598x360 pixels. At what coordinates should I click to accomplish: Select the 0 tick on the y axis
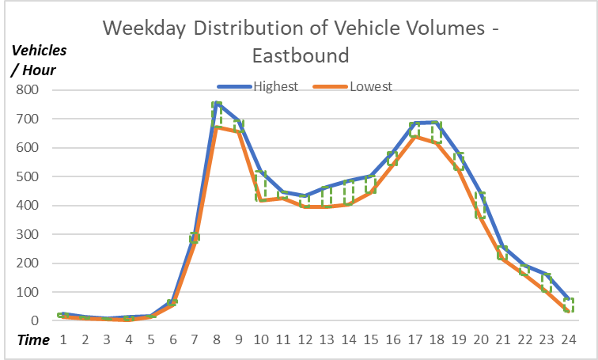click(x=36, y=321)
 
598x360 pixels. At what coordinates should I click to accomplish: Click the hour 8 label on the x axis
click(x=216, y=340)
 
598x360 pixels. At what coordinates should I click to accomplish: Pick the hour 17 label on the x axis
click(x=414, y=340)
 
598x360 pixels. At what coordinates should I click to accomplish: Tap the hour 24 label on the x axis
click(x=568, y=340)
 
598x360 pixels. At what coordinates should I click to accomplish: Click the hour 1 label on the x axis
click(x=62, y=340)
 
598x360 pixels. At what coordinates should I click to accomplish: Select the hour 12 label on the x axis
click(x=304, y=340)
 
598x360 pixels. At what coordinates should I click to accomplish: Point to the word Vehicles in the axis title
click(x=38, y=50)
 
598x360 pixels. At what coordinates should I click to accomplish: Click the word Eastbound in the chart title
click(x=301, y=56)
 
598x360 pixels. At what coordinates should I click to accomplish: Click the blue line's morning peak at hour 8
click(x=216, y=103)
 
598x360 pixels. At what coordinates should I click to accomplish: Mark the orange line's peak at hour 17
click(x=414, y=136)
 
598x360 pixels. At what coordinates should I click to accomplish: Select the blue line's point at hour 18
click(x=436, y=123)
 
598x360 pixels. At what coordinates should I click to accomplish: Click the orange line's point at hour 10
click(x=260, y=200)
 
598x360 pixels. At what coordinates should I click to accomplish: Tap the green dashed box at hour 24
click(x=568, y=305)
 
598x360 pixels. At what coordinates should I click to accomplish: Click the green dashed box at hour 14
click(x=348, y=192)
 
